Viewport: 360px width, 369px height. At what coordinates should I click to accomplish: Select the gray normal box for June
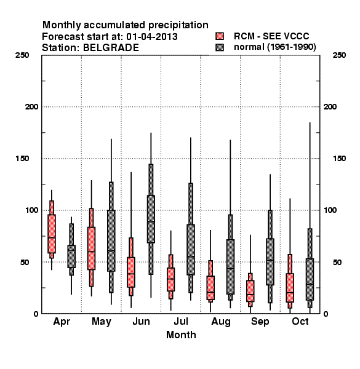point(151,219)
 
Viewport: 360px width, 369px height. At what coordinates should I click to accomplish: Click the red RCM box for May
point(91,248)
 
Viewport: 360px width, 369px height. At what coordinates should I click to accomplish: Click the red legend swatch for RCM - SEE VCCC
point(220,36)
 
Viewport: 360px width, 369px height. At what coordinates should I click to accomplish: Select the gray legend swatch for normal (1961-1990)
point(220,47)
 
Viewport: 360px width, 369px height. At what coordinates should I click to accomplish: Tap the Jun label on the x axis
point(141,321)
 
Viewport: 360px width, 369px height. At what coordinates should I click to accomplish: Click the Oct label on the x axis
point(300,321)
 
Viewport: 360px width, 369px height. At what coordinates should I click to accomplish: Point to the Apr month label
point(62,322)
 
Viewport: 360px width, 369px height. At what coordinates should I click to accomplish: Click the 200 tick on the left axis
point(31,107)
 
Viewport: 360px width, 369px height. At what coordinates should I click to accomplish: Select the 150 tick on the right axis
point(339,159)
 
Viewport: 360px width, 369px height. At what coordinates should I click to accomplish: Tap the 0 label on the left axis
point(36,314)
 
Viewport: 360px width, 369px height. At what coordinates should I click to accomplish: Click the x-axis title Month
point(181,335)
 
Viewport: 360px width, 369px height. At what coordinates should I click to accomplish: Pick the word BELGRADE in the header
point(111,48)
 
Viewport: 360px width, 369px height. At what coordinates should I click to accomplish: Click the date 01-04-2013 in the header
point(152,37)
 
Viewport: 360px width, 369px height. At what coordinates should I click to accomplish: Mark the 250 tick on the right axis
point(339,55)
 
